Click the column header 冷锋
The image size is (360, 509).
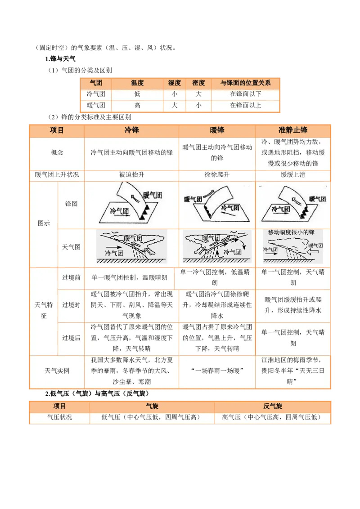tap(132, 130)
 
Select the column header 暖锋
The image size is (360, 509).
tap(217, 130)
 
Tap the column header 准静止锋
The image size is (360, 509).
tap(293, 130)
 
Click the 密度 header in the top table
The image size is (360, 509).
tap(198, 83)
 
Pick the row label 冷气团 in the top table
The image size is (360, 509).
tap(95, 94)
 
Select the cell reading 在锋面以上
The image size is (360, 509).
tap(245, 105)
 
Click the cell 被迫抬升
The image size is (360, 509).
tap(132, 174)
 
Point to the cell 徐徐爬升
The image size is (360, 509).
tap(217, 174)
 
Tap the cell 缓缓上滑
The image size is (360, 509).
tap(293, 174)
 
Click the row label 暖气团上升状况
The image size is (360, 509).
tap(57, 174)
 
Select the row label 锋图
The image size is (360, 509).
tap(71, 204)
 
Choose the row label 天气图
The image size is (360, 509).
tap(71, 247)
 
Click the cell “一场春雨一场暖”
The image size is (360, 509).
tap(217, 371)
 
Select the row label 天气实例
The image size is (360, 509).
tap(57, 371)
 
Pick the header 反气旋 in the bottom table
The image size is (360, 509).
tap(273, 406)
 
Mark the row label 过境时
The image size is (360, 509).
tap(71, 305)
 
